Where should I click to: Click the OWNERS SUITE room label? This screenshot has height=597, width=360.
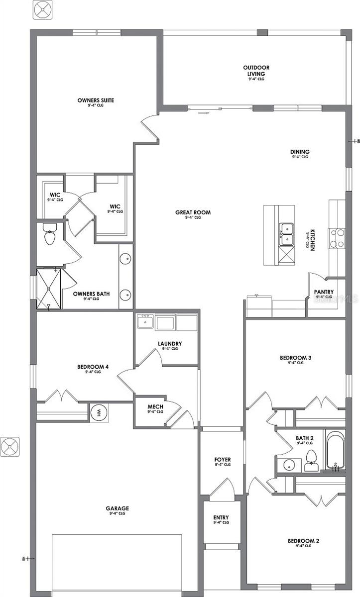click(96, 100)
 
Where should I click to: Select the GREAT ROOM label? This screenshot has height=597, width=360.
click(193, 212)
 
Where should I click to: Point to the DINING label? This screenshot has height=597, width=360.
click(300, 152)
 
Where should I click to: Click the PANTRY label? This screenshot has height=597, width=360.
click(324, 293)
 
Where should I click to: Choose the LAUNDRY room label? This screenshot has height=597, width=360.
click(169, 344)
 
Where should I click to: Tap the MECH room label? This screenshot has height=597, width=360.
click(155, 407)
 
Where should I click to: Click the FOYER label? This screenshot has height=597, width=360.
click(223, 460)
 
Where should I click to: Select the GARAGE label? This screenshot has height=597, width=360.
click(117, 508)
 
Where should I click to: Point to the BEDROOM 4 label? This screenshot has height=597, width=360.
click(93, 367)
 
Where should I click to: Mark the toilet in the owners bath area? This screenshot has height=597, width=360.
click(50, 234)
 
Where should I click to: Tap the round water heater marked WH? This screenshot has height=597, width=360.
click(99, 412)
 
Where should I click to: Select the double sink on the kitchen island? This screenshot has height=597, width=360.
click(286, 234)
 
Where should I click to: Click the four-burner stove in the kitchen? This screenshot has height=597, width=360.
click(337, 238)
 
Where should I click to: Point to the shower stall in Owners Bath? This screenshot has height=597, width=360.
click(48, 289)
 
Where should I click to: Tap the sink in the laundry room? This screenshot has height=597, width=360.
click(145, 322)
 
